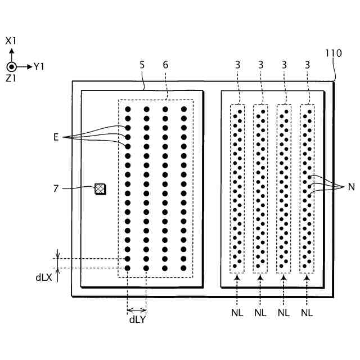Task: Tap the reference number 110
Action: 333,53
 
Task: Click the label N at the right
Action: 351,187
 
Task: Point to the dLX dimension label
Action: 44,277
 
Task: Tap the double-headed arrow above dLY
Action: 137,310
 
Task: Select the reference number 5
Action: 142,65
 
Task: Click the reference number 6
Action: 165,65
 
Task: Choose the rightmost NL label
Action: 307,312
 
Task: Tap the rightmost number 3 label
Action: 307,65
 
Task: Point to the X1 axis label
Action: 11,41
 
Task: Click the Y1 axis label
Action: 39,66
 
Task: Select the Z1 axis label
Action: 11,79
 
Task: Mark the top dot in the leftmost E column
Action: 128,109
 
